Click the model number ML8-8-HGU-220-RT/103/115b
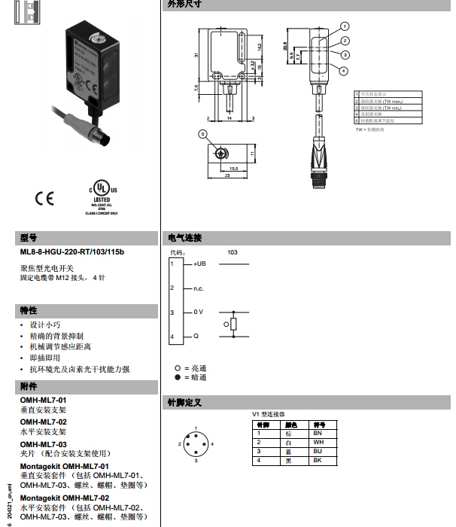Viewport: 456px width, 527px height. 71,251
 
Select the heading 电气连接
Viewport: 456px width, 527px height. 184,238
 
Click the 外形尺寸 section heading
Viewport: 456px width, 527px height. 184,5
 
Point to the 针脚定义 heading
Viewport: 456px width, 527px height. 184,403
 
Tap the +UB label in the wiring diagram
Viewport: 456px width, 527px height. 199,264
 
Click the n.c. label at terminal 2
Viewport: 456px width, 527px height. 198,288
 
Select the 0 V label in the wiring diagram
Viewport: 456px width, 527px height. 198,312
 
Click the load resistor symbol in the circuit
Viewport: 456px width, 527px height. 234,324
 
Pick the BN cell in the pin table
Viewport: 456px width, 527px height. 318,434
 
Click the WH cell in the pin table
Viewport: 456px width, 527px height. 318,442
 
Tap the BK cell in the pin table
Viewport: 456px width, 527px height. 318,460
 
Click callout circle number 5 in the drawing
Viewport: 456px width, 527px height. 202,133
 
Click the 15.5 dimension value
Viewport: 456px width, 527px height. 233,169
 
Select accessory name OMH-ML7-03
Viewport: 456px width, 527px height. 43,444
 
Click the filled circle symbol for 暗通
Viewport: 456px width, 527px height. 178,377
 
